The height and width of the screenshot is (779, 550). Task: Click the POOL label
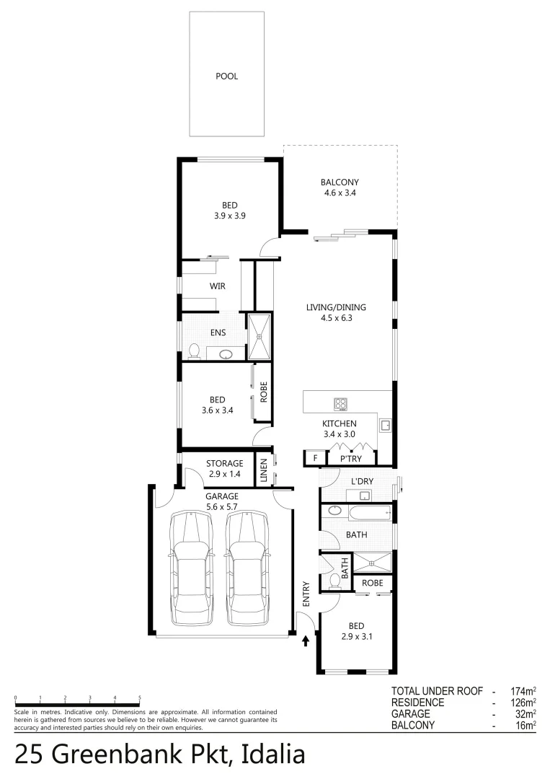(x=226, y=76)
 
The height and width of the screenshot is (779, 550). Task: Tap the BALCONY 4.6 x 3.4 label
(x=340, y=188)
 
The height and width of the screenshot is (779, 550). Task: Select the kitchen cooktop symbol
(x=340, y=404)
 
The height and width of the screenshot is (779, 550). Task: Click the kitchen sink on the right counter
(x=386, y=425)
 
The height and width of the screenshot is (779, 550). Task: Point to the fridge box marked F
(x=314, y=458)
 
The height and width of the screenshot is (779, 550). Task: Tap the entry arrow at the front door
(x=305, y=639)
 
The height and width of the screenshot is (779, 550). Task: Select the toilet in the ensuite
(x=193, y=351)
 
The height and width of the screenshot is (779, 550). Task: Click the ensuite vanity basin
(x=226, y=354)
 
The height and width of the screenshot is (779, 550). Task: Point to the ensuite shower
(x=260, y=336)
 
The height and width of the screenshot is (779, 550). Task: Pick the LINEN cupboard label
(x=265, y=470)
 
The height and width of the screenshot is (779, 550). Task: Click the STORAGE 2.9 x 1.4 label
(x=224, y=469)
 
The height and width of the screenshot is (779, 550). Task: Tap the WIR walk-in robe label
(x=218, y=286)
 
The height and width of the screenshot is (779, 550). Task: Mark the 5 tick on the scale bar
(x=139, y=698)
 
